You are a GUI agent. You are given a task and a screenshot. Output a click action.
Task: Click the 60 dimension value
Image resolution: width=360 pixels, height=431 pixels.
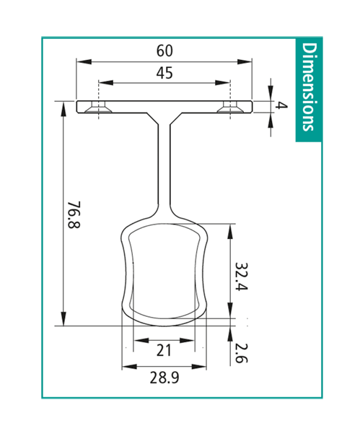click(164, 51)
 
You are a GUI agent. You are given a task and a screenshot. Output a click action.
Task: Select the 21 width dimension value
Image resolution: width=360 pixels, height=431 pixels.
click(164, 350)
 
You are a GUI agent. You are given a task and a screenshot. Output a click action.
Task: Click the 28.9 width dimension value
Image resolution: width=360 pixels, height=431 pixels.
click(164, 378)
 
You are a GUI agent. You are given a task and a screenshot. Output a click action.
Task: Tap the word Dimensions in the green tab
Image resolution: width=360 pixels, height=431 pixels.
click(309, 87)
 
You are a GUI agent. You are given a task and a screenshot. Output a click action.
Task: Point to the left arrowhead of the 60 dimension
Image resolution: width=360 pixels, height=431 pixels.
click(82, 62)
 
